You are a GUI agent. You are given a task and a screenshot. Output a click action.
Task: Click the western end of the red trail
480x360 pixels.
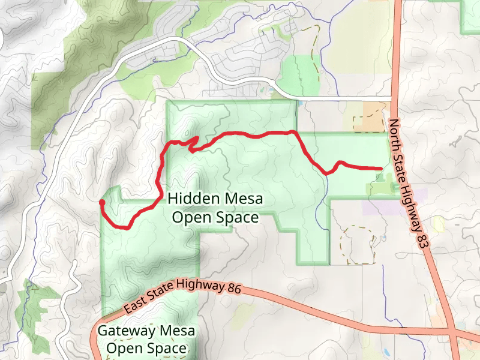coord(101,203)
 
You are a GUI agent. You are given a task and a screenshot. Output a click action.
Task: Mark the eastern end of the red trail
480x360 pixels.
coord(380,169)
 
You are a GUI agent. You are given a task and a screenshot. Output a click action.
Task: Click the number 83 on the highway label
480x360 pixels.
coord(425,238)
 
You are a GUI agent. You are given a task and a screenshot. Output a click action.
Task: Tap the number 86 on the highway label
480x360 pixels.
coord(233,288)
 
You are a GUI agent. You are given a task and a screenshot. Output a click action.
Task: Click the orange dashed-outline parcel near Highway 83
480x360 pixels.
coord(368,118)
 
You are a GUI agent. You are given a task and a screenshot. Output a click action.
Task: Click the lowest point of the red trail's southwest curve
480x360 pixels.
coord(127,227)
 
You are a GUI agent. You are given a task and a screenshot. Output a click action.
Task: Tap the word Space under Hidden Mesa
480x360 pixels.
coord(238,217)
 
